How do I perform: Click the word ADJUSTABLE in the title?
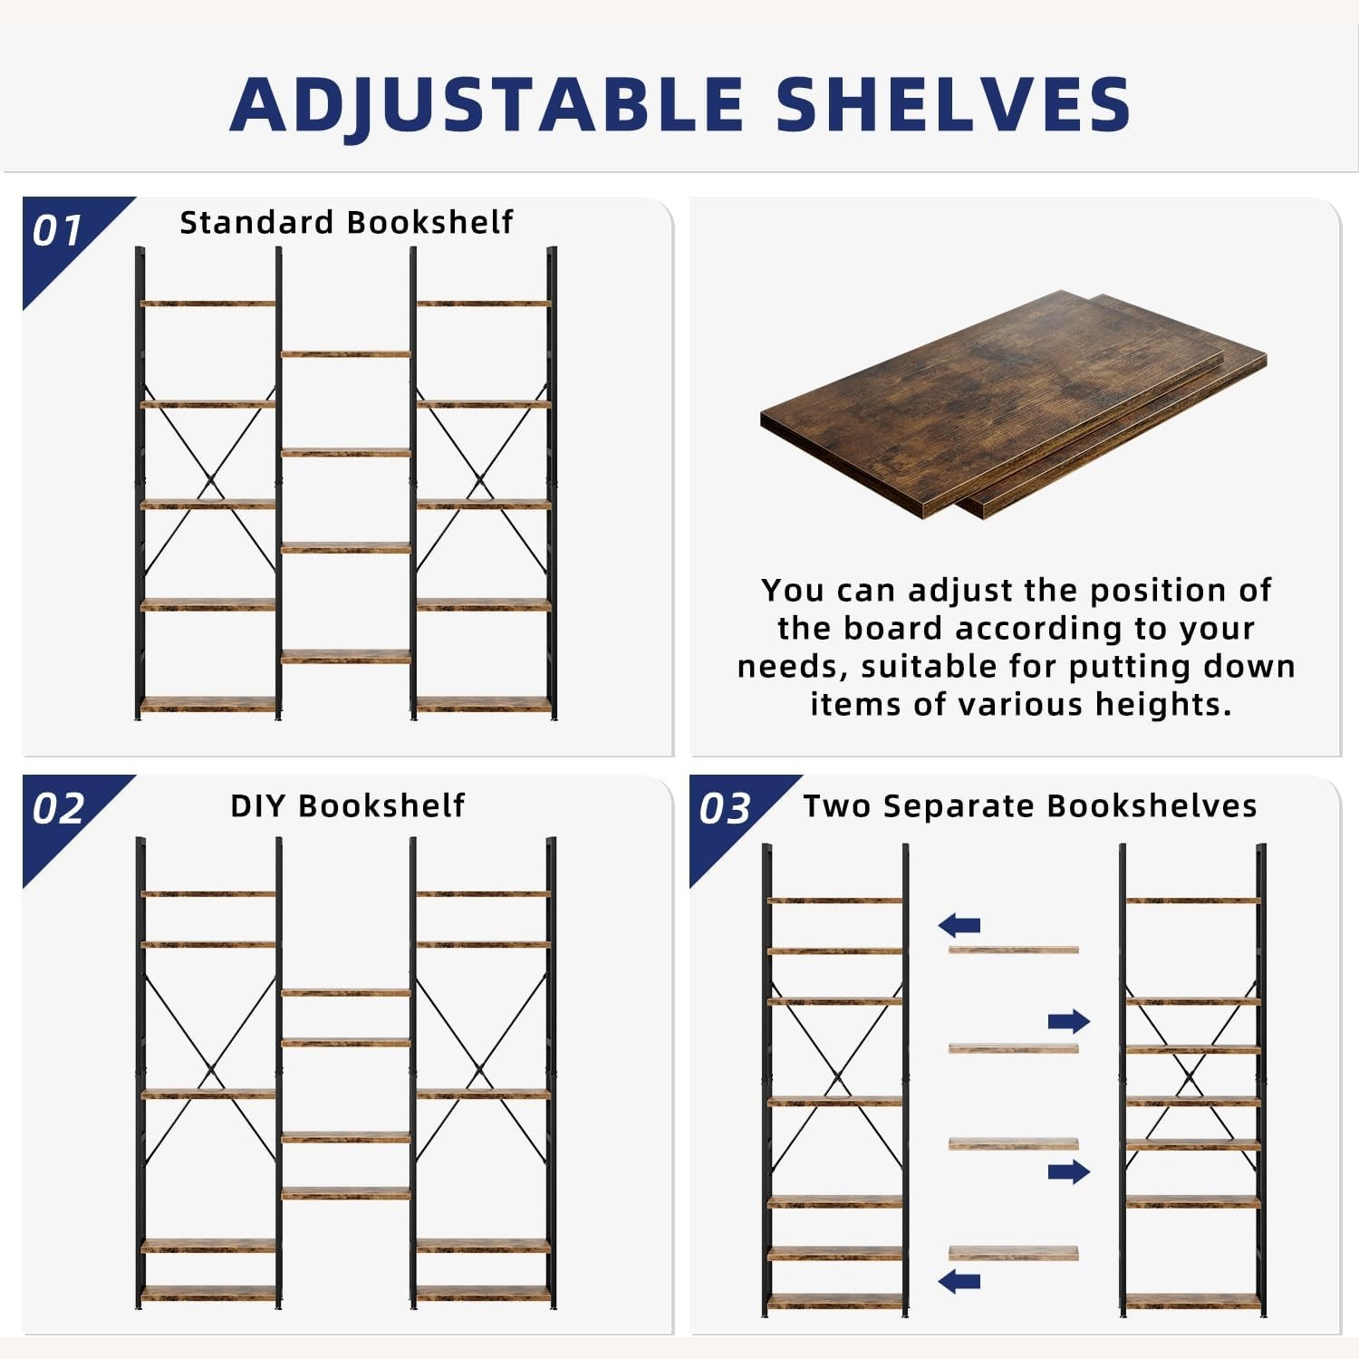pos(487,104)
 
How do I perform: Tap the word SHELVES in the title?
pos(953,104)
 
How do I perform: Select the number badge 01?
pos(58,232)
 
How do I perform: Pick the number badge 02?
pos(58,809)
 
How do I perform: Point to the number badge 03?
pos(725,809)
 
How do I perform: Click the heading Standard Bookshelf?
pos(346,222)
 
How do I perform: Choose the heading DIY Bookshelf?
pos(347,805)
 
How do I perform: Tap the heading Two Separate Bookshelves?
pos(1030,805)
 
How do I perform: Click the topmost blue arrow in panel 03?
pos(959,925)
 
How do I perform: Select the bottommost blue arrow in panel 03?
pos(959,1281)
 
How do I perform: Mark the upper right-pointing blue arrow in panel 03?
pos(1068,1022)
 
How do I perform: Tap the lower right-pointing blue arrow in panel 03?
pos(1068,1171)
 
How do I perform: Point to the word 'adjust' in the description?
pos(961,590)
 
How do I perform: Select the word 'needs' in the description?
pos(792,667)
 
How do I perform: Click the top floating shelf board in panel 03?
pos(1013,949)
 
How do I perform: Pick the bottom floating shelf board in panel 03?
pos(1013,1253)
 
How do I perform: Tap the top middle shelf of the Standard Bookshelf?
pos(345,353)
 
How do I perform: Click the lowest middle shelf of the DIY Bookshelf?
pos(345,1194)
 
